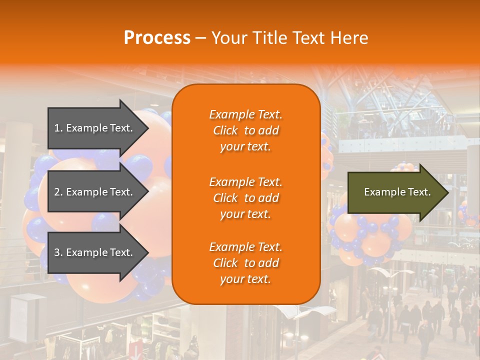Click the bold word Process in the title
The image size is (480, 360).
pos(157,38)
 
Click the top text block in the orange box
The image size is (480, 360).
pos(245,130)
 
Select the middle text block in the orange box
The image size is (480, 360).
pos(245,198)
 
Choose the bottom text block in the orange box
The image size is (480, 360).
pos(245,263)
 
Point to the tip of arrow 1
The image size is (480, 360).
pos(147,128)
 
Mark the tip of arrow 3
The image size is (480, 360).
pos(147,252)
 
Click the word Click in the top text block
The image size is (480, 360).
pos(225,130)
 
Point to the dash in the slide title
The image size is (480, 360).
pos(200,38)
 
